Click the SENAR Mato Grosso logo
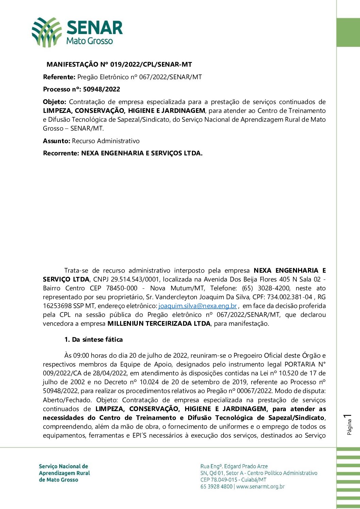pos(77,32)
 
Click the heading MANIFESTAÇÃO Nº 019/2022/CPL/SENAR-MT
pos(119,64)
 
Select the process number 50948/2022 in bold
pos(101,89)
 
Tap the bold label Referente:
pos(59,77)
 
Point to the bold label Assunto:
pos(56,141)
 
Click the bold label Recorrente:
pos(61,153)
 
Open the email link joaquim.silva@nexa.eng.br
pos(197,306)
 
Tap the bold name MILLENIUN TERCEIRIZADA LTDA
pos(159,324)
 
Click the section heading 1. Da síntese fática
pos(94,340)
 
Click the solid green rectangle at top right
pos(348,32)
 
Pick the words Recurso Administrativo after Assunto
pos(106,141)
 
